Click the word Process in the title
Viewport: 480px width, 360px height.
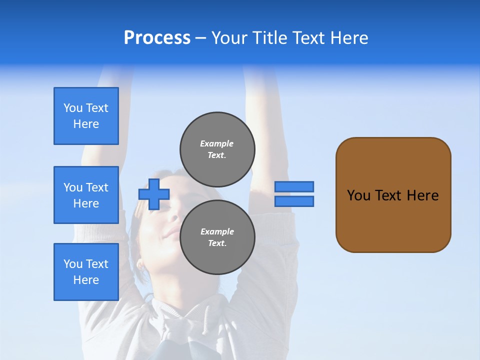click(x=157, y=38)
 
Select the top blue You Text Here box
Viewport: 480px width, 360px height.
click(x=86, y=116)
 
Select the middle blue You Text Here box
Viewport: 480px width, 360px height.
click(x=86, y=195)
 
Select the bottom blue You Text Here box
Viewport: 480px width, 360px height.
click(x=86, y=272)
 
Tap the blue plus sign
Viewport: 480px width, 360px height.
click(x=154, y=194)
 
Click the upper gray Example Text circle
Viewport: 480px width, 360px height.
click(x=217, y=149)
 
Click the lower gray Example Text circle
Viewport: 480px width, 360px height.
click(x=217, y=237)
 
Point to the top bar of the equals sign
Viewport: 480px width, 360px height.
click(x=294, y=186)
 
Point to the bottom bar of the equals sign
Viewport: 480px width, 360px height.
click(x=294, y=201)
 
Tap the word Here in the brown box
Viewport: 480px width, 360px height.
click(x=422, y=195)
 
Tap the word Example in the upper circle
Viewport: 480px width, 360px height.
click(x=216, y=143)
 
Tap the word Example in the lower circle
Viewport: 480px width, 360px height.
click(x=217, y=231)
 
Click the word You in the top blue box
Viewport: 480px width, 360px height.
click(x=73, y=108)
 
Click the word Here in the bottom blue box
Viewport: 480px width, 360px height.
click(x=86, y=280)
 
